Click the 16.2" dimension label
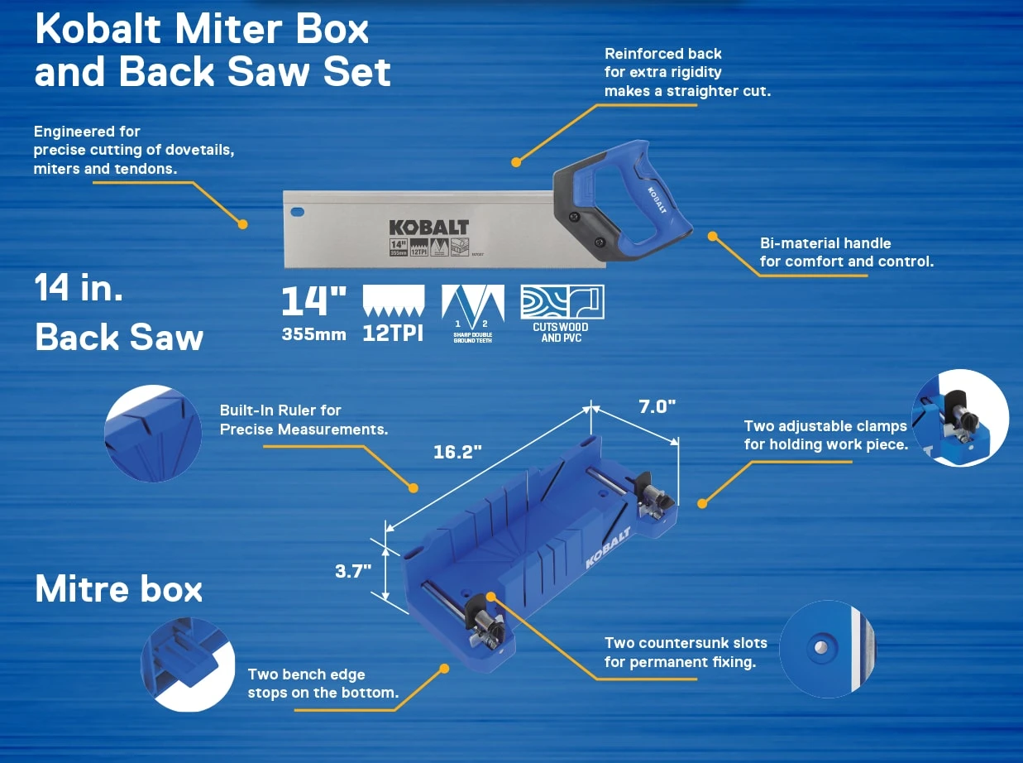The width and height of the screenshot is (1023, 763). click(x=457, y=453)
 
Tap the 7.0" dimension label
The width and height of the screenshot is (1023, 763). click(x=657, y=406)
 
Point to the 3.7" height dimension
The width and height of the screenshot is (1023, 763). click(x=353, y=571)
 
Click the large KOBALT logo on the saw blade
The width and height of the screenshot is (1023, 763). click(x=428, y=227)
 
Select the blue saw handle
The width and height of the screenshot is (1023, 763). click(x=653, y=207)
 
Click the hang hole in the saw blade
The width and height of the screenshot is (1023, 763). click(x=297, y=212)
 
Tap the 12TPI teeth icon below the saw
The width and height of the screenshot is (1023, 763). click(x=394, y=303)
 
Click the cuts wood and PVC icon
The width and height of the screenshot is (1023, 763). click(x=562, y=303)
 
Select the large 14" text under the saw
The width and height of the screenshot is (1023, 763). click(x=313, y=301)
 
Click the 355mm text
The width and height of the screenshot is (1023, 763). click(x=313, y=336)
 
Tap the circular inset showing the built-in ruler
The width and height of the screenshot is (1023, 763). click(x=153, y=434)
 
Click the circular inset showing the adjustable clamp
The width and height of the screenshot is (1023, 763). click(x=959, y=418)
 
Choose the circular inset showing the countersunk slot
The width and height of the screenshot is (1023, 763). click(x=827, y=648)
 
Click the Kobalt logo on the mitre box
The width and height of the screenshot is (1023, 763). click(x=608, y=548)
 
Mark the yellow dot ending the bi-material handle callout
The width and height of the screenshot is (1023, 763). click(x=711, y=236)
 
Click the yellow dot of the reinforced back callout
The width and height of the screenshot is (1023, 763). click(x=516, y=162)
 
